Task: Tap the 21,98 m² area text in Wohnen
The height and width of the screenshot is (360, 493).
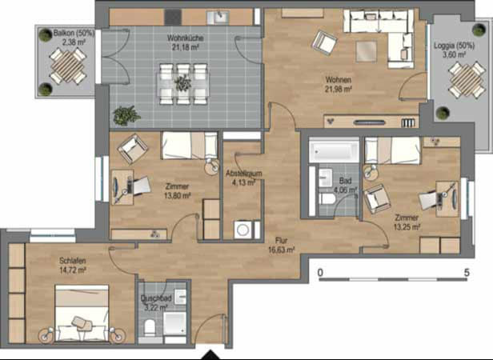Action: pyautogui.click(x=339, y=90)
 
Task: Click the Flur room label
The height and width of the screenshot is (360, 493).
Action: pyautogui.click(x=281, y=238)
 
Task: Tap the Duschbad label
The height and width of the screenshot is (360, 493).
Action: pyautogui.click(x=155, y=297)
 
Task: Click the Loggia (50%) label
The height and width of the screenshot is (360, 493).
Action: pyautogui.click(x=454, y=46)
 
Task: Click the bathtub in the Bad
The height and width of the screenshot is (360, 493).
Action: pyautogui.click(x=335, y=150)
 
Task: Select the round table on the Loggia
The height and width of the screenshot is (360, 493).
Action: pyautogui.click(x=463, y=79)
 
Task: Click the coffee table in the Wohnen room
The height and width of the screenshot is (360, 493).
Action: pyautogui.click(x=365, y=50)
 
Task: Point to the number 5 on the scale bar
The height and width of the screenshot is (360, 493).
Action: pyautogui.click(x=466, y=273)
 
